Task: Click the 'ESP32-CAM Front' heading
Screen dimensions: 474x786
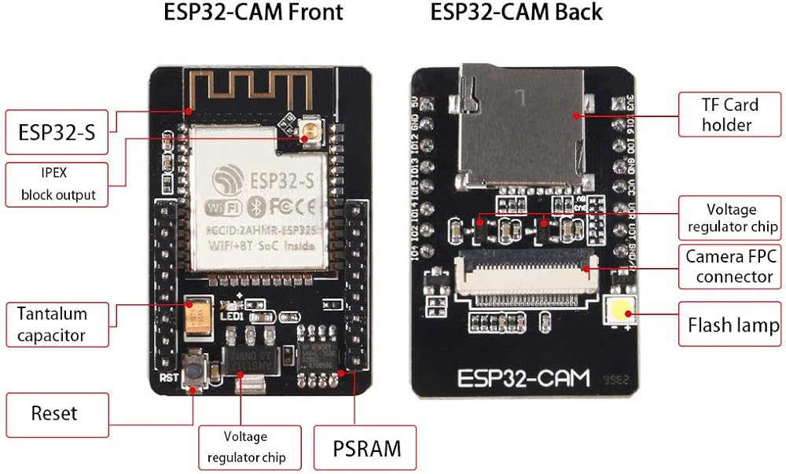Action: pos(253,13)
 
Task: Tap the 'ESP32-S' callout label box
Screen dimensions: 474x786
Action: pos(57,132)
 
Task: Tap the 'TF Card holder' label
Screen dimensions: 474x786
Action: pos(729,114)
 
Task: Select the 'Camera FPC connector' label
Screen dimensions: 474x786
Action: pos(729,266)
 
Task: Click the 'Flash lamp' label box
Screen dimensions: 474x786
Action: pos(733,325)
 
